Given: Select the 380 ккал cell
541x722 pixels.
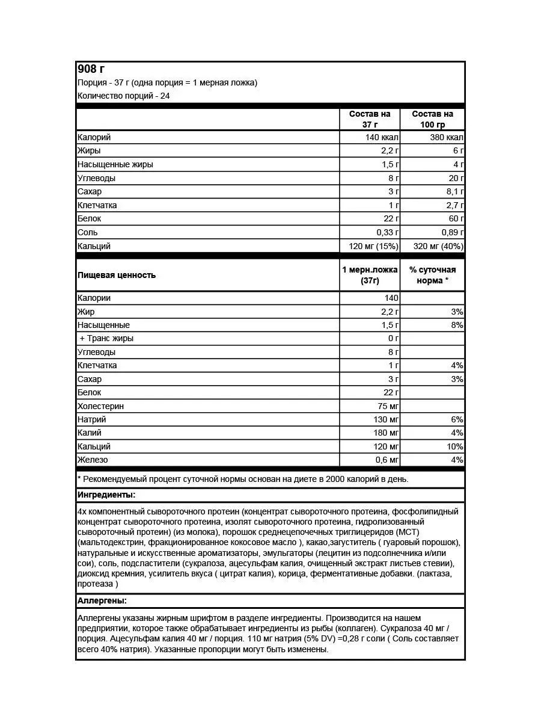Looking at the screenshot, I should [x=446, y=137].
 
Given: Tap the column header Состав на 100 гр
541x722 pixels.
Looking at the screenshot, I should [x=433, y=119].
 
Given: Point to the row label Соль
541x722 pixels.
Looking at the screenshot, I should [x=88, y=232].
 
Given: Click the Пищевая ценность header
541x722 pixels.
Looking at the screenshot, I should [x=117, y=275].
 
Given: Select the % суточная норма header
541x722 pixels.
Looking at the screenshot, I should [x=433, y=275].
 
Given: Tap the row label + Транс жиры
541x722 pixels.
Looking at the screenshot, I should [x=106, y=338].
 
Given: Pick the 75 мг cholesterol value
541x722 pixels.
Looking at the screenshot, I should [x=387, y=406].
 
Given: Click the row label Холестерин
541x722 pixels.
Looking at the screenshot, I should [x=100, y=406].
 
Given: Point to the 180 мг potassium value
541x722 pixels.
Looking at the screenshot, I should [x=385, y=433].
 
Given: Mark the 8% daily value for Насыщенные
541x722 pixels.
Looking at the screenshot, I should [x=456, y=325].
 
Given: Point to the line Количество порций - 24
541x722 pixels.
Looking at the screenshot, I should [x=123, y=96].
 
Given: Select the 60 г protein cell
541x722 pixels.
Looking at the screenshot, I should [x=454, y=218].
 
